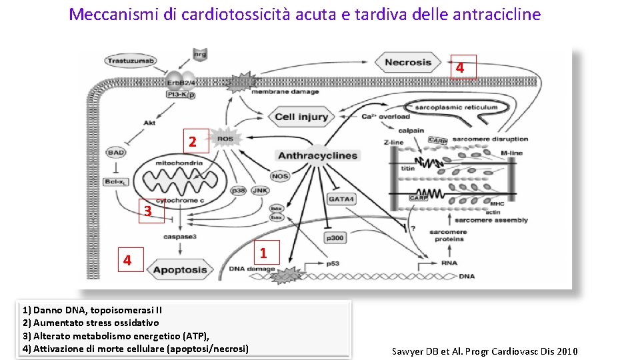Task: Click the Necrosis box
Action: pyautogui.click(x=408, y=63)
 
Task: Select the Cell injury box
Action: pyautogui.click(x=301, y=117)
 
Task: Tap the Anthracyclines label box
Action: pyautogui.click(x=317, y=156)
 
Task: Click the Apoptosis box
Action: pyautogui.click(x=180, y=270)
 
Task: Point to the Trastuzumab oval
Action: pyautogui.click(x=130, y=61)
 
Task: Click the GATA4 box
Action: pyautogui.click(x=341, y=199)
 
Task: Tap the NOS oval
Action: pyautogui.click(x=280, y=176)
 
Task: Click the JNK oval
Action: pyautogui.click(x=261, y=191)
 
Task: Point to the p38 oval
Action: pyautogui.click(x=238, y=191)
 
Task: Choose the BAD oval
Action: pyautogui.click(x=115, y=153)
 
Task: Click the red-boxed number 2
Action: pyautogui.click(x=193, y=142)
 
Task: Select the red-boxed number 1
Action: pyautogui.click(x=263, y=253)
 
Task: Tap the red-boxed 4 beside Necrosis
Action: pyautogui.click(x=460, y=67)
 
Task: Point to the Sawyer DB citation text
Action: pyautogui.click(x=485, y=351)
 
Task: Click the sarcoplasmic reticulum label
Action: pyautogui.click(x=456, y=107)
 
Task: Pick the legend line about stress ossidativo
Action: pyautogui.click(x=91, y=323)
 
